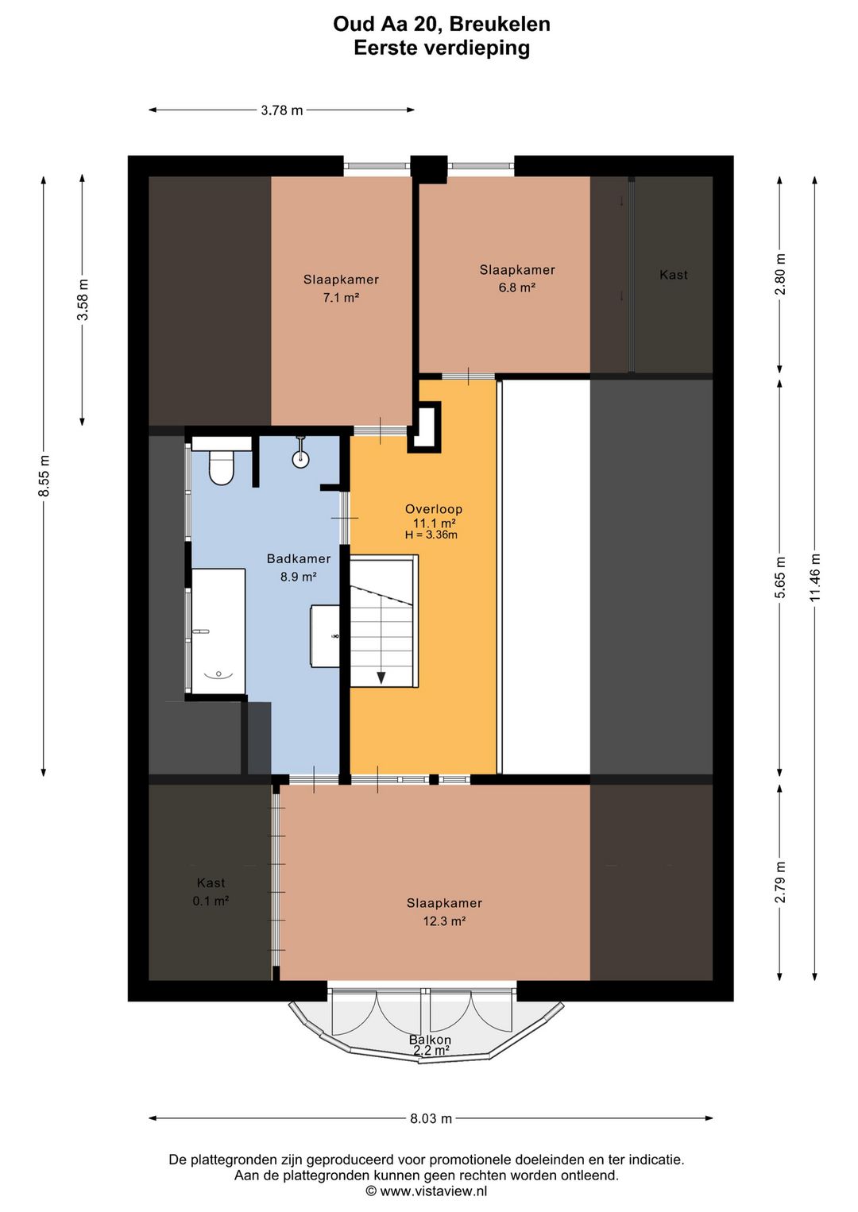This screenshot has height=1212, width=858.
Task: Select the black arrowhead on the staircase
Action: coord(381,677)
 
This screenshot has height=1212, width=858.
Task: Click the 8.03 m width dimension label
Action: coord(431,1118)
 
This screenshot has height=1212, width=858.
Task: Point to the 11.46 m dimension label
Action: coord(815,578)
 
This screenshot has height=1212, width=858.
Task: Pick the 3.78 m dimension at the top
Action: coord(282,110)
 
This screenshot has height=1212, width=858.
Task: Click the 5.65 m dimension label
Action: coord(780,577)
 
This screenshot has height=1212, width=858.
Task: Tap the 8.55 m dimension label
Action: coord(44,476)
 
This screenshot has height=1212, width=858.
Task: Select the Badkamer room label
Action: coord(298,559)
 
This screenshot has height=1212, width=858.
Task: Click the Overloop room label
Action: coord(434,509)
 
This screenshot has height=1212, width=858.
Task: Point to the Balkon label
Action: coord(430,1040)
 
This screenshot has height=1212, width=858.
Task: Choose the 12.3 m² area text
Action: coord(444,921)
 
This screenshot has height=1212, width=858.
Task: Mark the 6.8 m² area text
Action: coord(517,288)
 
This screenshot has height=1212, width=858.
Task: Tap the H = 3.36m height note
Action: coord(431,535)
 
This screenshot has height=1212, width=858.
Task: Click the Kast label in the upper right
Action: coord(674,275)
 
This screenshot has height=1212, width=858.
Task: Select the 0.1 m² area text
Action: coord(211,901)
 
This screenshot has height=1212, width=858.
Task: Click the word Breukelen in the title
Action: coord(499,25)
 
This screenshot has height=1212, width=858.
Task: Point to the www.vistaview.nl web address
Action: coord(434,1191)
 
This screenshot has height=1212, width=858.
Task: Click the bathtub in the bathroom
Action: coord(218,631)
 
